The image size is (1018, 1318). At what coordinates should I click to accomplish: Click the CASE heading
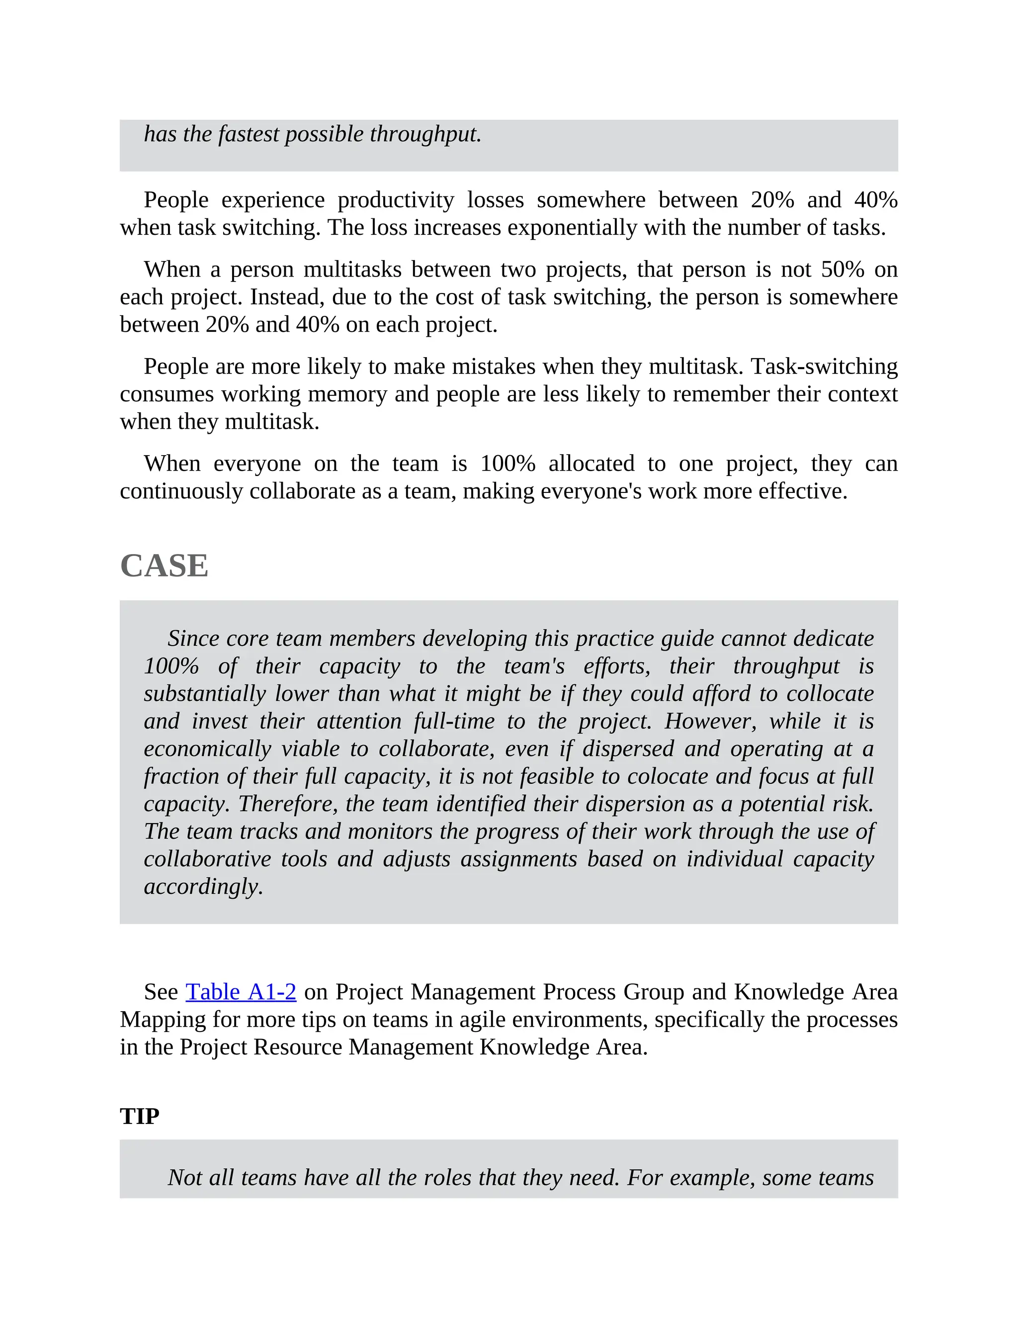(x=164, y=566)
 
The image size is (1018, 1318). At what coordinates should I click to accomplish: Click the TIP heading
(x=139, y=1117)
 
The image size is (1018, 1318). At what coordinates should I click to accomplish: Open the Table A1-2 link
(x=241, y=992)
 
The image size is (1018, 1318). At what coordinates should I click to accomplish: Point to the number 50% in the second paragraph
(x=843, y=269)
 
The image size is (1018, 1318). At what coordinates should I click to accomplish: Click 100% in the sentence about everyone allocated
(x=508, y=464)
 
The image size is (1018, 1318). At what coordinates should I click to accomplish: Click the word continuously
(x=181, y=491)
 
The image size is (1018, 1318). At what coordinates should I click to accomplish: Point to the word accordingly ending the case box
(x=203, y=886)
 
